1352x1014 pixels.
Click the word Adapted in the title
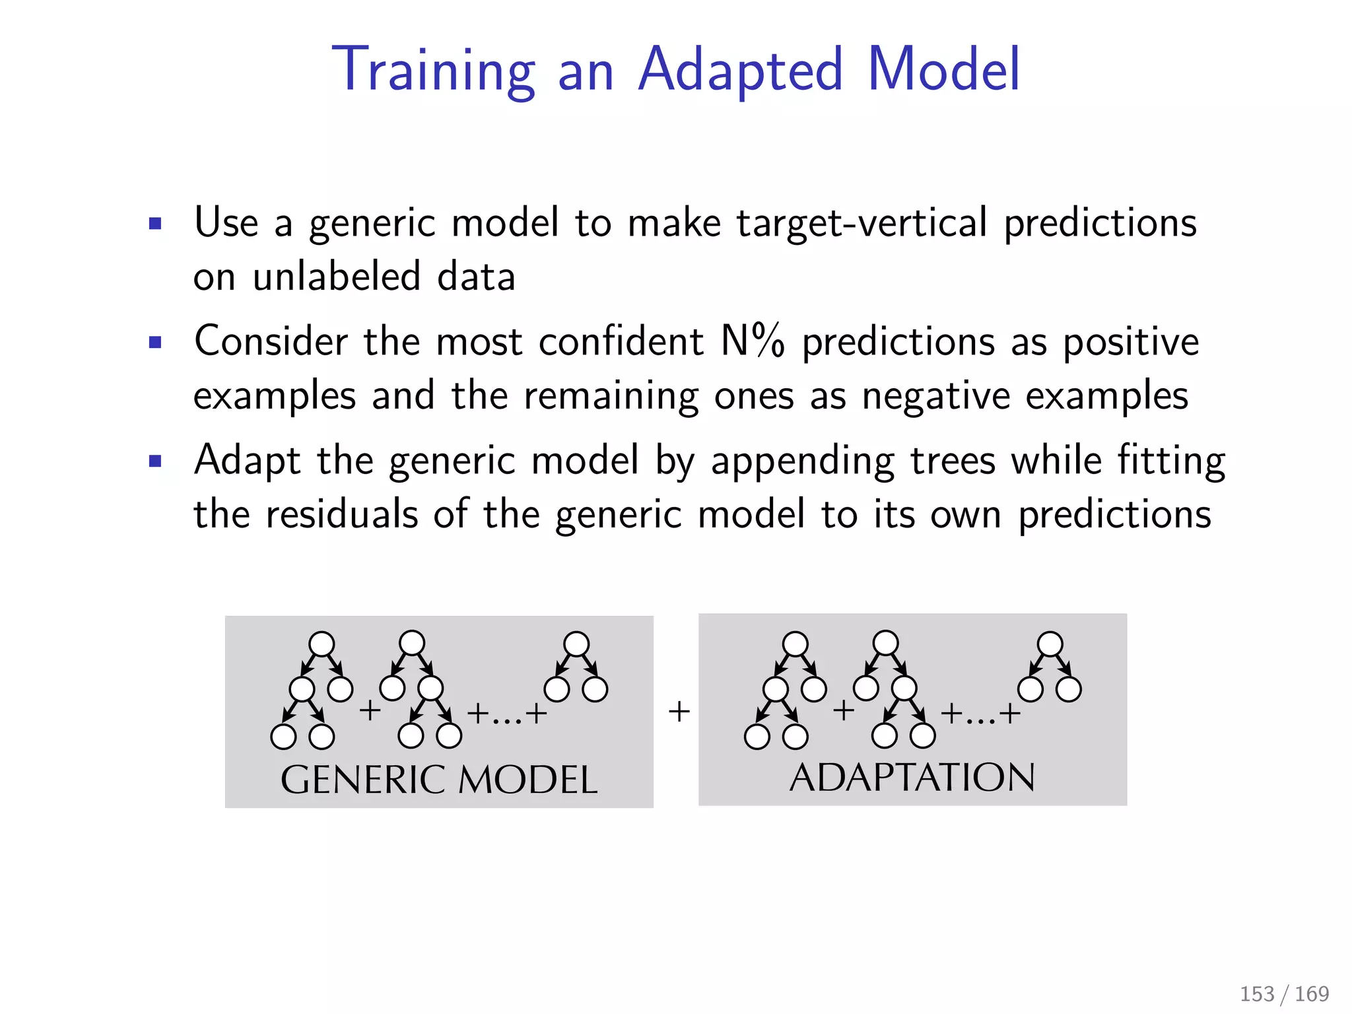point(741,70)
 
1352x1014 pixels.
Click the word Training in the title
point(433,70)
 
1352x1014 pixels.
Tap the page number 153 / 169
point(1284,994)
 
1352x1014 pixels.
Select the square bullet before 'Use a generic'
point(155,224)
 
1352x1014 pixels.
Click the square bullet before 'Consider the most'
point(155,343)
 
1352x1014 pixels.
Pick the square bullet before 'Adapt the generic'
point(155,461)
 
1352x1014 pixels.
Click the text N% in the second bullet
point(753,342)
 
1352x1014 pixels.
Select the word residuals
point(341,514)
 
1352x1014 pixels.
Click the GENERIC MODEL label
point(439,780)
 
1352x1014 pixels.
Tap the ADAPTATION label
point(912,778)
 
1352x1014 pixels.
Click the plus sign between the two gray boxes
point(679,712)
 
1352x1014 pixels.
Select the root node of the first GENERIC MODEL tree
point(321,644)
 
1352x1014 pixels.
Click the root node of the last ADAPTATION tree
point(1050,644)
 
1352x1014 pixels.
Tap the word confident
point(621,342)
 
